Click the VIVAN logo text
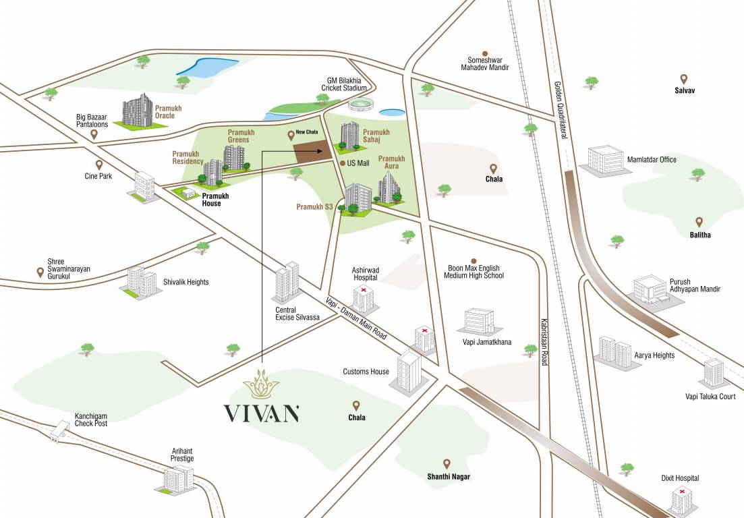[261, 413]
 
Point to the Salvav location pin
[683, 79]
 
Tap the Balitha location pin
[699, 222]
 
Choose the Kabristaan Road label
[543, 342]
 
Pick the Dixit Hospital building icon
[683, 500]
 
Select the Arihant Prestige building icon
[179, 479]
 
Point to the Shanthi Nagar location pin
[446, 463]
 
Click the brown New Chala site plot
[314, 150]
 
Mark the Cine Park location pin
[98, 165]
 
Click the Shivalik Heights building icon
[140, 281]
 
